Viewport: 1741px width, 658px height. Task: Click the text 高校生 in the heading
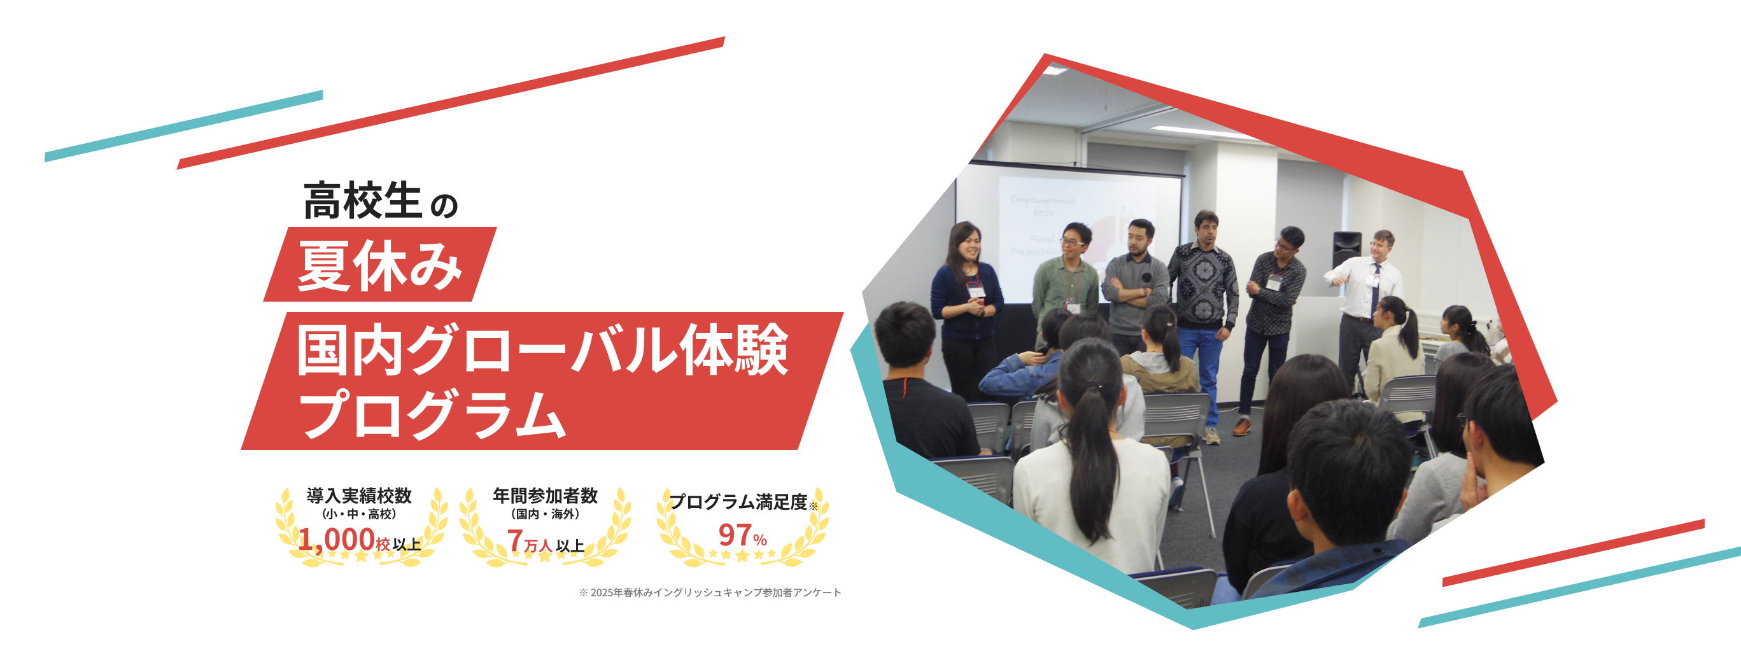362,200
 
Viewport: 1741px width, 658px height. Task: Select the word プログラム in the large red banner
433,413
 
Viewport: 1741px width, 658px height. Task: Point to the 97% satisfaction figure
742,536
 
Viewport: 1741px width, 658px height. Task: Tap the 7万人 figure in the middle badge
530,541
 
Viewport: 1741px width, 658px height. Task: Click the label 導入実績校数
359,495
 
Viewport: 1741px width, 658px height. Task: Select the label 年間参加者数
545,496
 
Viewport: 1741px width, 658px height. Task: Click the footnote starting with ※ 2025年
710,592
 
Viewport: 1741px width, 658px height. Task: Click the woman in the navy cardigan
966,297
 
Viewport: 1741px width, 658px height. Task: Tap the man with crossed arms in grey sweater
1136,284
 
